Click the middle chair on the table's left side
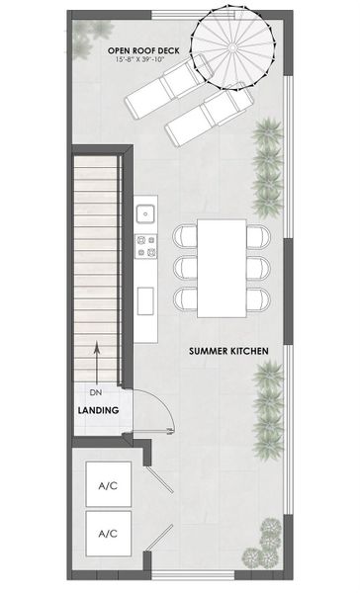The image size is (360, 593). pos(185,268)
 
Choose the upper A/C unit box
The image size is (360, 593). pos(108,485)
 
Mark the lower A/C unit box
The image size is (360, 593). pos(108,534)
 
